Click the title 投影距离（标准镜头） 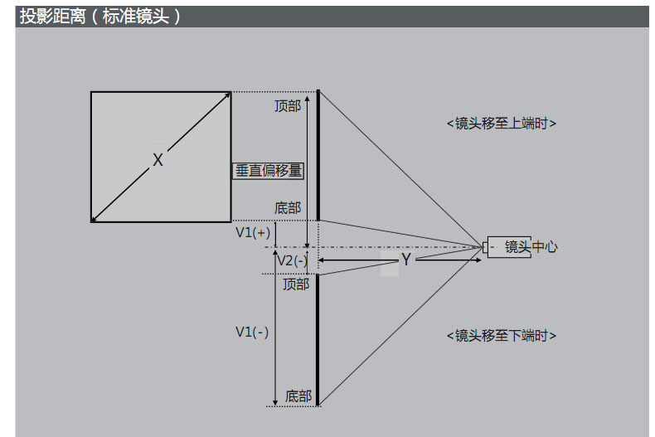[x=99, y=17]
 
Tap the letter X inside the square [x=158, y=160]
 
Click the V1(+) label [x=253, y=233]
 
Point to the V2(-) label [x=292, y=260]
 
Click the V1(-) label [x=252, y=332]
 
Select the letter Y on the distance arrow [x=406, y=260]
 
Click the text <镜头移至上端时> [x=501, y=124]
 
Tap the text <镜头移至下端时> [x=501, y=336]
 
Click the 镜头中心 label [x=531, y=246]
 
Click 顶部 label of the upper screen [x=288, y=106]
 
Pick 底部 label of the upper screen [x=288, y=208]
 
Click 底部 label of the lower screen [x=298, y=396]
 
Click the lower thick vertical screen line [x=318, y=340]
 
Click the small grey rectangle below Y [x=390, y=269]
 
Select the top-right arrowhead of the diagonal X [x=227, y=95]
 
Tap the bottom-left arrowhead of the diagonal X [x=95, y=218]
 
